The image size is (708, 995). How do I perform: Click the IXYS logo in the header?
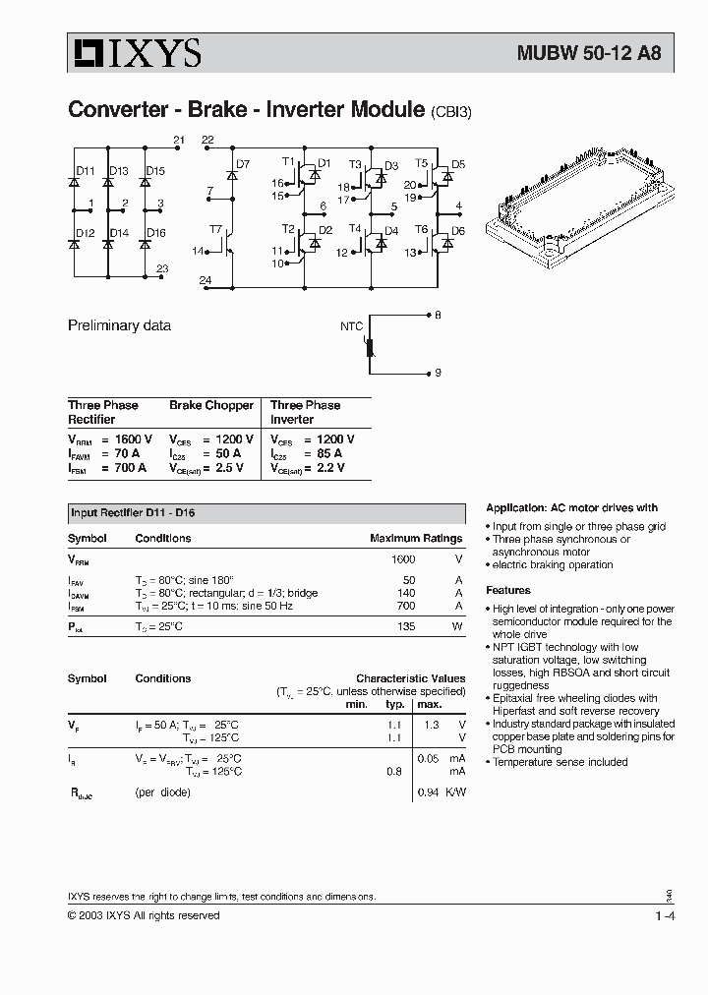(135, 53)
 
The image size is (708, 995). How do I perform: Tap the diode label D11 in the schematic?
(86, 171)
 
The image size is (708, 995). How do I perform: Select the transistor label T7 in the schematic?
(215, 229)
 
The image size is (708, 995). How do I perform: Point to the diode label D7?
(243, 164)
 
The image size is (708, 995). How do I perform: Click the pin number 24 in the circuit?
(205, 281)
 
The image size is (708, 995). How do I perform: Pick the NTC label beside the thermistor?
(351, 325)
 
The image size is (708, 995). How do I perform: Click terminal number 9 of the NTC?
(438, 373)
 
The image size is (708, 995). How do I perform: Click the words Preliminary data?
(119, 325)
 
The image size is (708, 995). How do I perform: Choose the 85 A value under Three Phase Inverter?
(327, 453)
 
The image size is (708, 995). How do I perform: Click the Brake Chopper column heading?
(210, 405)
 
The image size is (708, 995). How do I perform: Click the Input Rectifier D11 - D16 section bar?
(265, 513)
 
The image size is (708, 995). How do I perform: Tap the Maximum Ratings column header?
(415, 539)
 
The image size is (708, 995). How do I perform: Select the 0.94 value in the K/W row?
(427, 791)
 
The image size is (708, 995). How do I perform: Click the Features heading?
(508, 591)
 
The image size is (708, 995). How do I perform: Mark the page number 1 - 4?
(664, 916)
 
